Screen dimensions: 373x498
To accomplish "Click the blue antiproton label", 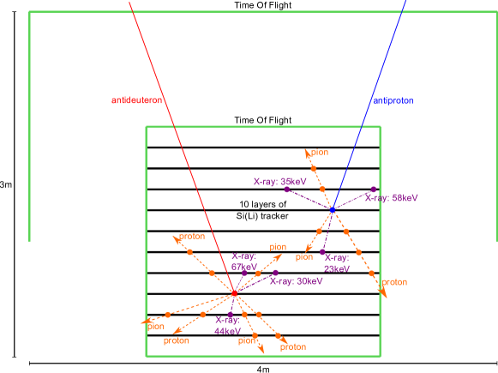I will click(392, 101).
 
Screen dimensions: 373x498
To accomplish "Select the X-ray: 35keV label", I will click(279, 181).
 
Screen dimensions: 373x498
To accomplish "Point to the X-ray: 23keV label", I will click(336, 262).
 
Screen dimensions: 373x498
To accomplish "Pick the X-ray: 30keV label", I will click(296, 280).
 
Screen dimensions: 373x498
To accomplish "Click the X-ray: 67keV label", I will click(244, 261).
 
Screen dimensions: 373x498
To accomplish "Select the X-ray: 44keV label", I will click(226, 325).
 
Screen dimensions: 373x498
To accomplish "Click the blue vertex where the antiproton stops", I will click(332, 208).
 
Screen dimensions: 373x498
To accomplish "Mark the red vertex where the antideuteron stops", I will click(233, 293).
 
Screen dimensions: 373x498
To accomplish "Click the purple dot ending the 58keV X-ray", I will click(373, 189).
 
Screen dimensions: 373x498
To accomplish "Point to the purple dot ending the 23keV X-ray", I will click(322, 252).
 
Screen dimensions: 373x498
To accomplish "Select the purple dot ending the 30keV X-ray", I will click(275, 273).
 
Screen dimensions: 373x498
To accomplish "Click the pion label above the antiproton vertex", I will click(320, 153).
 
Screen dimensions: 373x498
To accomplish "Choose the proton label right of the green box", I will click(394, 281).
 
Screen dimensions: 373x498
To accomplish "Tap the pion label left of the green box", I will click(155, 326).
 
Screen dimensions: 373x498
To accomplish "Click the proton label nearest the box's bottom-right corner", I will click(292, 346).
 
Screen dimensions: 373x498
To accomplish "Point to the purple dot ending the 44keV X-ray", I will click(231, 313).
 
